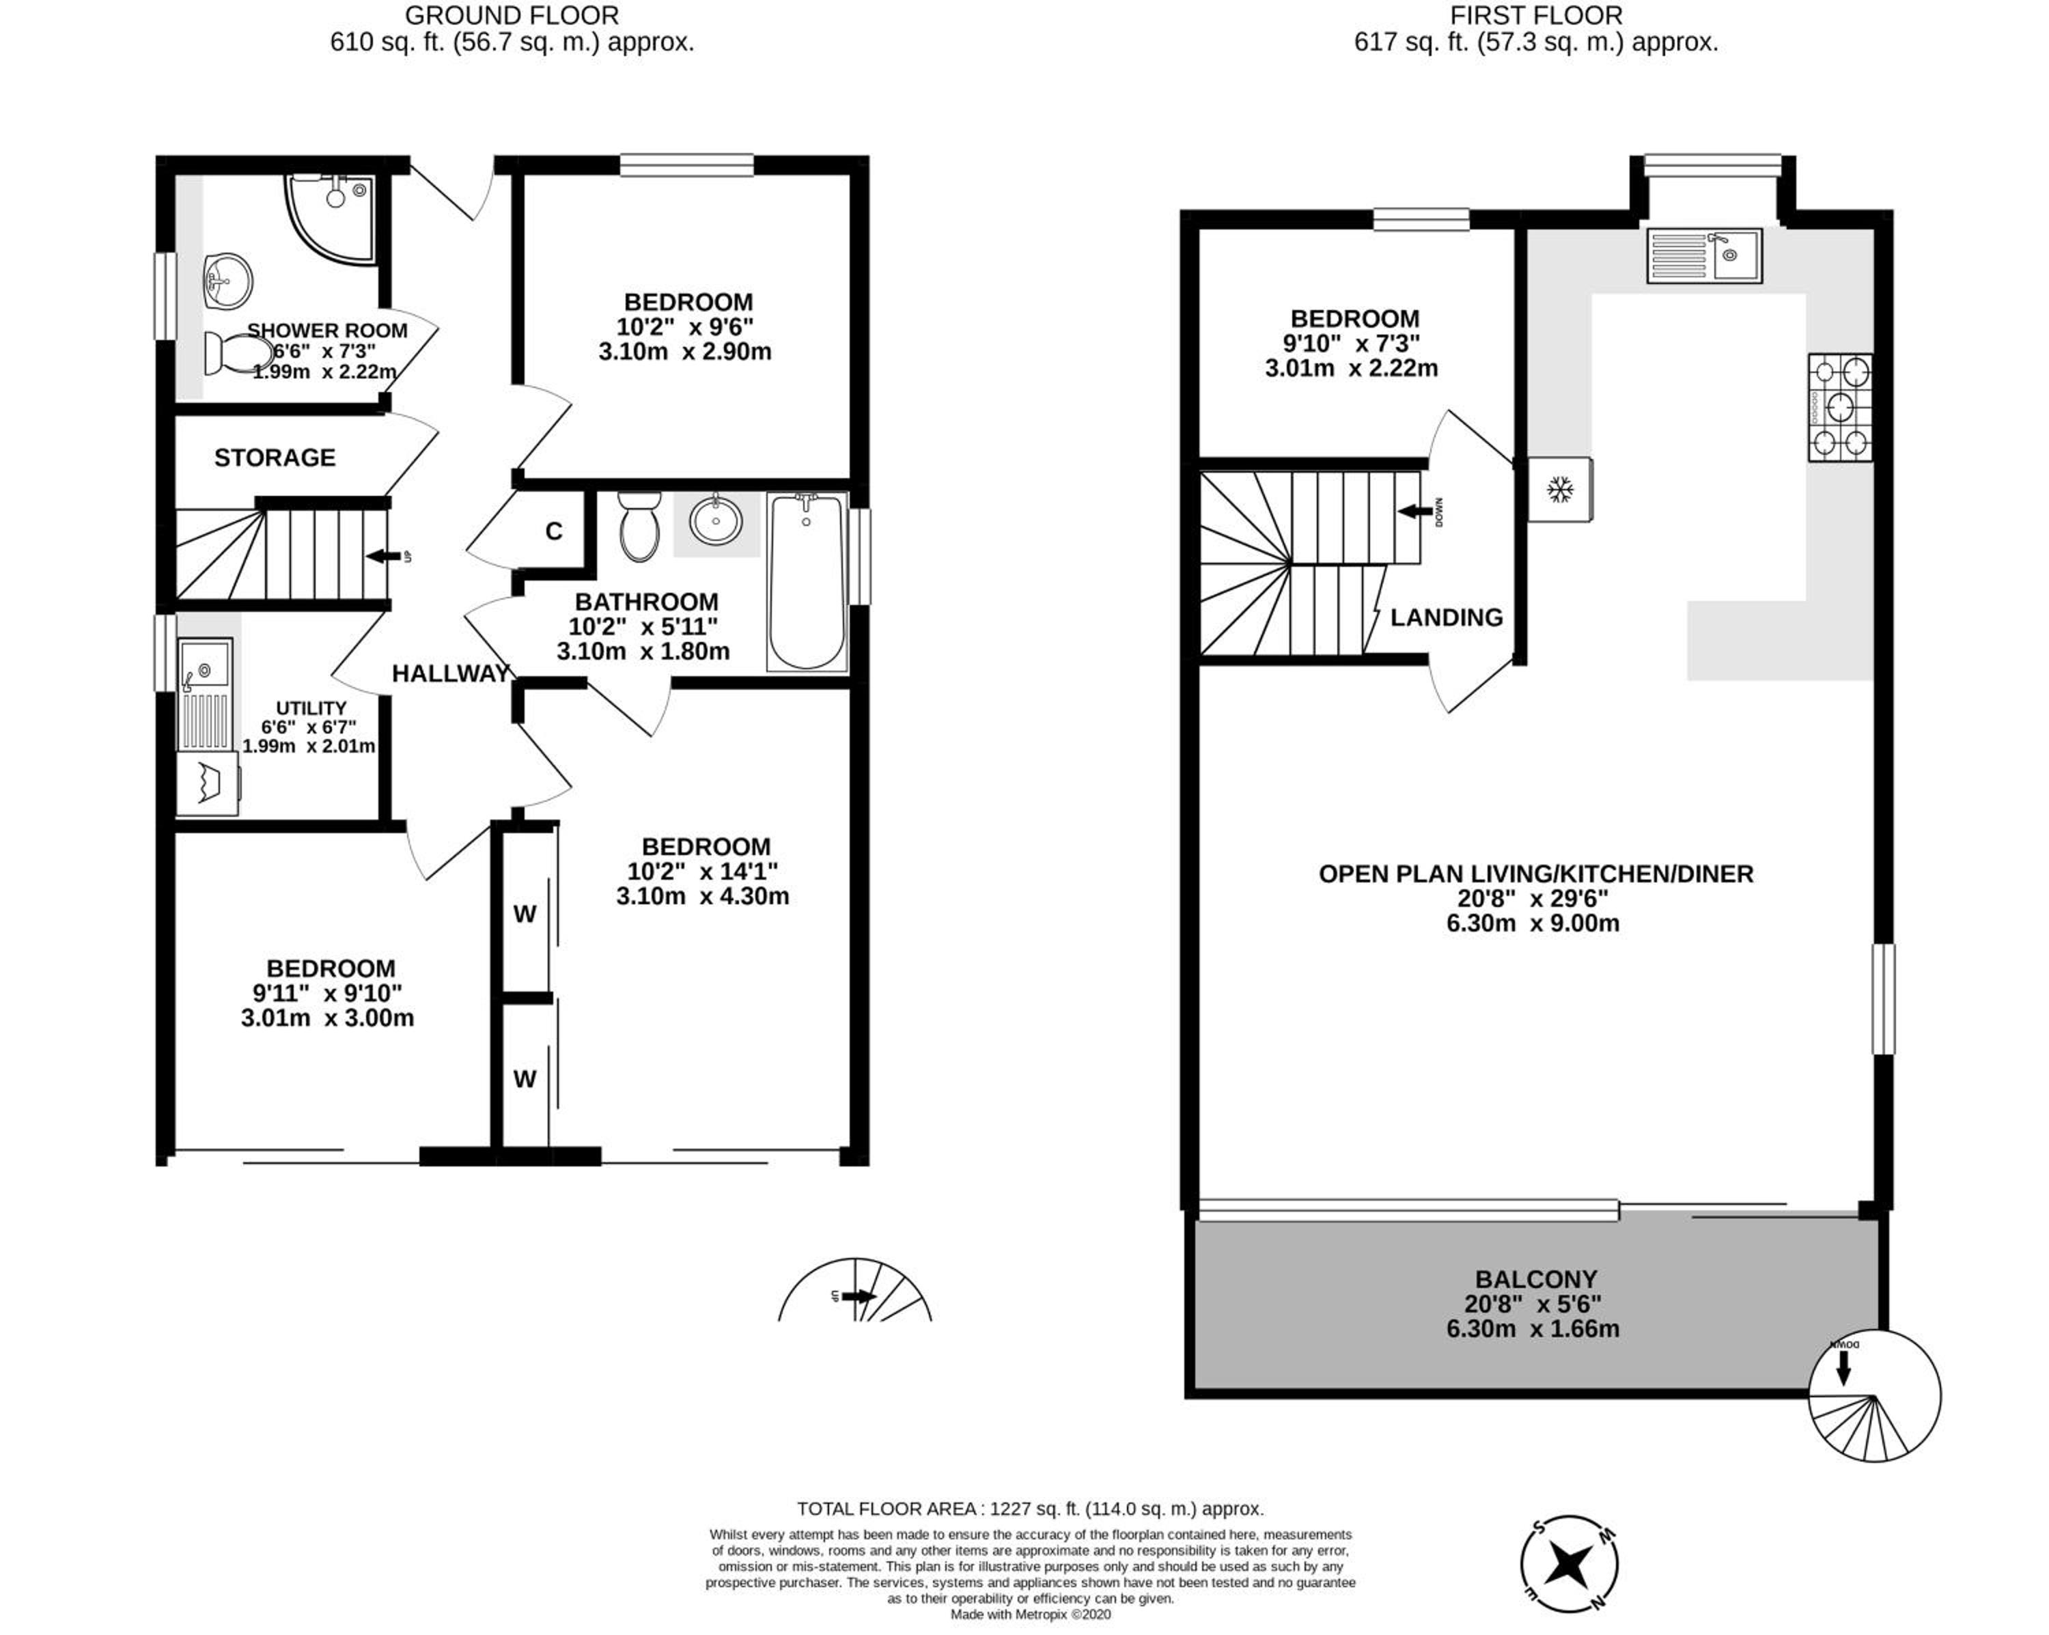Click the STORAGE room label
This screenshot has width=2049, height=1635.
coord(275,458)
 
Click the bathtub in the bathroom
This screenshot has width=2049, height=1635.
coord(807,582)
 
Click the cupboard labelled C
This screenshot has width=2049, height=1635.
coord(554,531)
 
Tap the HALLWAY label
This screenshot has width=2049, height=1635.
coord(451,674)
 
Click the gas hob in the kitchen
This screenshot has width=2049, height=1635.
coord(1841,408)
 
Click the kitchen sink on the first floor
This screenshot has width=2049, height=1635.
coord(1705,255)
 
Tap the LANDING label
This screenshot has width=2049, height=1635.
coord(1447,618)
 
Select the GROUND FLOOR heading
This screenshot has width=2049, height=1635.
coord(512,16)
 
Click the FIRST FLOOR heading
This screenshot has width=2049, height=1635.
coord(1536,16)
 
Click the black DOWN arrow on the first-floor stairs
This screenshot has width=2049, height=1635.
coord(1415,512)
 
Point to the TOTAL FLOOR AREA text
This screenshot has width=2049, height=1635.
coord(1030,1509)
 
